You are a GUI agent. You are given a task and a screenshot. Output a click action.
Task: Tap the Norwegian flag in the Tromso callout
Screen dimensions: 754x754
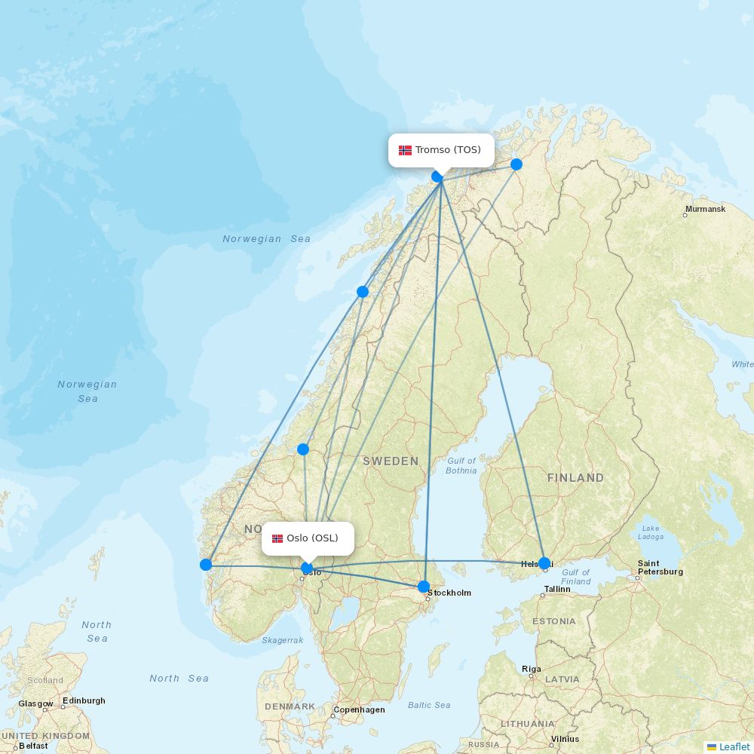pyautogui.click(x=406, y=150)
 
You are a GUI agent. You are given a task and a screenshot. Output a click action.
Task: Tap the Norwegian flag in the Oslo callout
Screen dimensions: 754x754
pyautogui.click(x=277, y=538)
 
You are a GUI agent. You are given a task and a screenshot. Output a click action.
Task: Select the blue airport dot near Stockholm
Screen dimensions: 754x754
pyautogui.click(x=424, y=587)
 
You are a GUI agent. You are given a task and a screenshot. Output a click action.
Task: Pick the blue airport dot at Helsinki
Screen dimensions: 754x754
pyautogui.click(x=544, y=563)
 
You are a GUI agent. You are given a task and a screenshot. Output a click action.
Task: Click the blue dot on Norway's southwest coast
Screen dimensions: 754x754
pyautogui.click(x=206, y=565)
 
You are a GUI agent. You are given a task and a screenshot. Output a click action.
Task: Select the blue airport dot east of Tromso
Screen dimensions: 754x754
pyautogui.click(x=516, y=164)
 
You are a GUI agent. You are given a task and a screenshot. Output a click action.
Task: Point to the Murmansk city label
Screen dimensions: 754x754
pyautogui.click(x=705, y=209)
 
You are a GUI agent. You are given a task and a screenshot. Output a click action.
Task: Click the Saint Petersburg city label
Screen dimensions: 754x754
pyautogui.click(x=660, y=568)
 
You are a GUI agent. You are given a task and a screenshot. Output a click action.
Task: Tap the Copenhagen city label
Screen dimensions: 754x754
pyautogui.click(x=359, y=710)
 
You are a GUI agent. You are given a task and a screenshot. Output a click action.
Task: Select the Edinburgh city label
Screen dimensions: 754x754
pyautogui.click(x=84, y=700)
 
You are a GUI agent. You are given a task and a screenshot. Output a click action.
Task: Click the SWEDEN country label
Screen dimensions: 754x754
pyautogui.click(x=391, y=461)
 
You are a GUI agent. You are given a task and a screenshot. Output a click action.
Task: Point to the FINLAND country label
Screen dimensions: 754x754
pyautogui.click(x=575, y=478)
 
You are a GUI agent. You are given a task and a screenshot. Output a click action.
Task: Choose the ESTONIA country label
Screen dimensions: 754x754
pyautogui.click(x=553, y=621)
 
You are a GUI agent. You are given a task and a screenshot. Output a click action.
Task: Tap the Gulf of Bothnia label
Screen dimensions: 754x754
pyautogui.click(x=461, y=465)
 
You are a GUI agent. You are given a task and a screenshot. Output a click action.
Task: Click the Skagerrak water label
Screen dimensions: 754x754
pyautogui.click(x=283, y=640)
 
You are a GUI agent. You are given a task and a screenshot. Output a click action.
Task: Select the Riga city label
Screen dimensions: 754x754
pyautogui.click(x=531, y=669)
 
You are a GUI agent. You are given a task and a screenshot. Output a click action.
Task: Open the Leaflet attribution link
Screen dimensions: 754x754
pyautogui.click(x=734, y=746)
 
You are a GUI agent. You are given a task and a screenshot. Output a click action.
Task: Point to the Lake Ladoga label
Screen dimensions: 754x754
pyautogui.click(x=651, y=532)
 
